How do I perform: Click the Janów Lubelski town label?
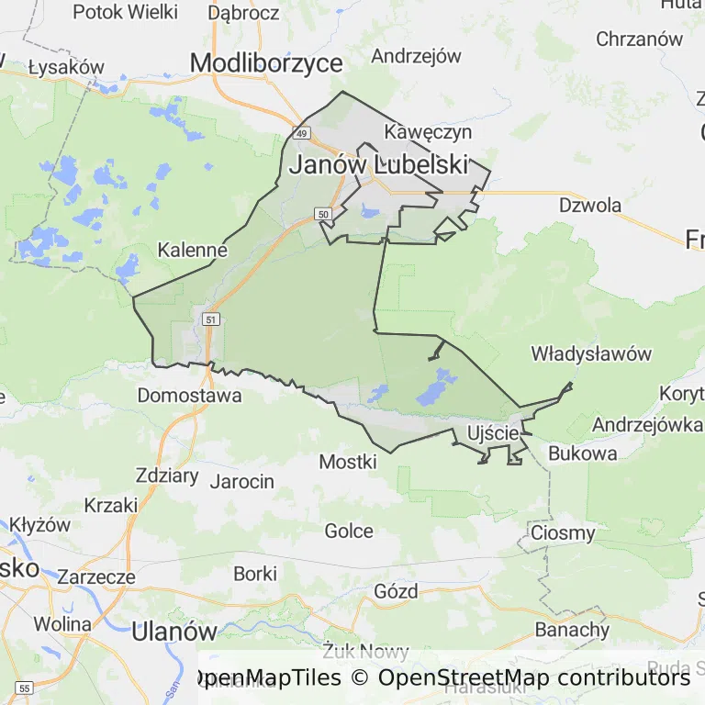tap(378, 165)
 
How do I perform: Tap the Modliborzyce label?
tap(266, 62)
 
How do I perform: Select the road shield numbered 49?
tap(299, 132)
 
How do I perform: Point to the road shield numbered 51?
tap(212, 319)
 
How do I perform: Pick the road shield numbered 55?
tap(25, 687)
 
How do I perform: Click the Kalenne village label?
tap(193, 250)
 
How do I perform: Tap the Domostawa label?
tap(189, 396)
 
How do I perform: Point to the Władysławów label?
tap(591, 353)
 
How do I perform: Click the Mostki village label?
tap(348, 462)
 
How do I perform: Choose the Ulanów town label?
tap(174, 632)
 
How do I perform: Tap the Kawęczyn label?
tap(428, 131)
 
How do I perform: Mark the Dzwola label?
tap(590, 205)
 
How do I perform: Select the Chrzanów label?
tap(640, 39)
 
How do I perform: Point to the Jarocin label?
tap(242, 481)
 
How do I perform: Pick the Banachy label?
tap(572, 630)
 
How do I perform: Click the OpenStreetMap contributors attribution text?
tap(534, 678)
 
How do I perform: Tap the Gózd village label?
tap(397, 590)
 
